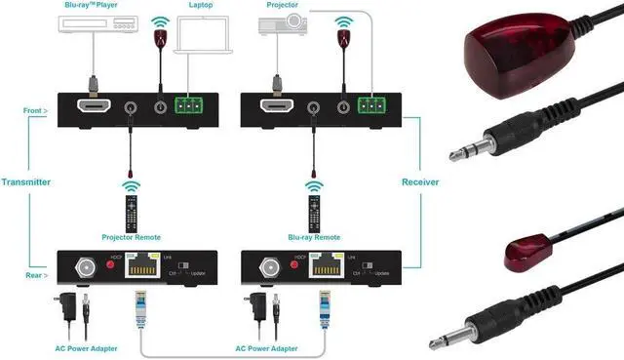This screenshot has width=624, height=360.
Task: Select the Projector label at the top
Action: [x=281, y=5]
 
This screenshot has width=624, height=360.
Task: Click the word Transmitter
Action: [x=25, y=181]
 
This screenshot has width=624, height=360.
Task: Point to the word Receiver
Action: [x=420, y=181]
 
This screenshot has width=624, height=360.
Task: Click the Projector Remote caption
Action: [x=131, y=236]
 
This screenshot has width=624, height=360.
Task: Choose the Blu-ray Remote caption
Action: [x=314, y=236]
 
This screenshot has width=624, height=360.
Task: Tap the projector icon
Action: [x=279, y=30]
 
